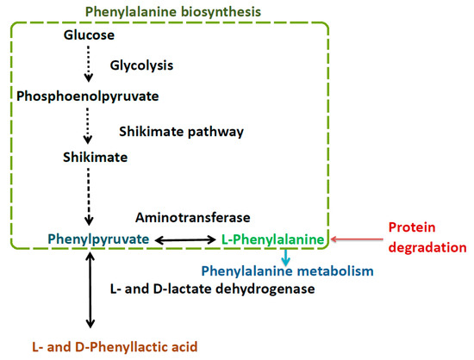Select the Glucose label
click(x=89, y=35)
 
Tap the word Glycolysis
click(x=141, y=65)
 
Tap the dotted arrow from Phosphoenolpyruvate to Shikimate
click(x=89, y=124)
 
